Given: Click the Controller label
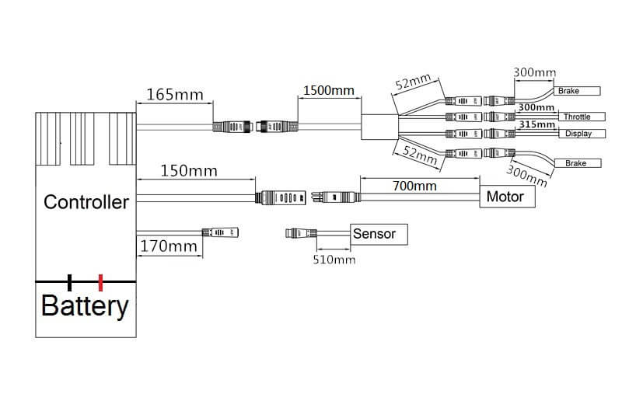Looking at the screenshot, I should tap(86, 203).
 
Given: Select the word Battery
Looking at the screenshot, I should tap(84, 305).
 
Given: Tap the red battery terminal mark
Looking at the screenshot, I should tap(100, 281).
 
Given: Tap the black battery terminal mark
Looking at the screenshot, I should tap(70, 281).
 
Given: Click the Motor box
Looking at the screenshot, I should tap(505, 197).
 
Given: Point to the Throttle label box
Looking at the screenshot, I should tap(576, 117).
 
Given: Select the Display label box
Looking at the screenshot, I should tap(578, 134).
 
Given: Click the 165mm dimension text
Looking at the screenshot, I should tap(169, 95).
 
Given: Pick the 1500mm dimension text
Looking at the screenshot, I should tap(327, 90).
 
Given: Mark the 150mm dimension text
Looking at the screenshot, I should tap(188, 170).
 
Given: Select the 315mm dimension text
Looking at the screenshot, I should tap(536, 124).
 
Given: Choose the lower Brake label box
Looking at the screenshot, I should tap(576, 163).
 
